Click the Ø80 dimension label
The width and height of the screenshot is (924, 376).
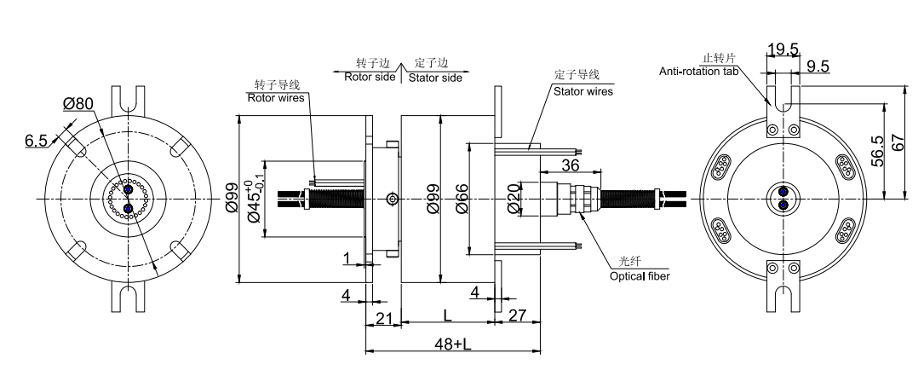79,104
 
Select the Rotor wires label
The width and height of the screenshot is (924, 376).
275,97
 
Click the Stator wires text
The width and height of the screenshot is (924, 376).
583,91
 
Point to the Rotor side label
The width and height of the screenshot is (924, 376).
370,77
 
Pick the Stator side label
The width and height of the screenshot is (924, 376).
435,77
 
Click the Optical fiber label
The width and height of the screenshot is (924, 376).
640,276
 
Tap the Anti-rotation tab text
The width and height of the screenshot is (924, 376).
706,71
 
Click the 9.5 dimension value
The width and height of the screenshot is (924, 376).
818,67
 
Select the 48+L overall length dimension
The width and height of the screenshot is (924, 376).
451,344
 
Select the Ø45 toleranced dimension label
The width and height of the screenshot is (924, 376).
255,201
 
